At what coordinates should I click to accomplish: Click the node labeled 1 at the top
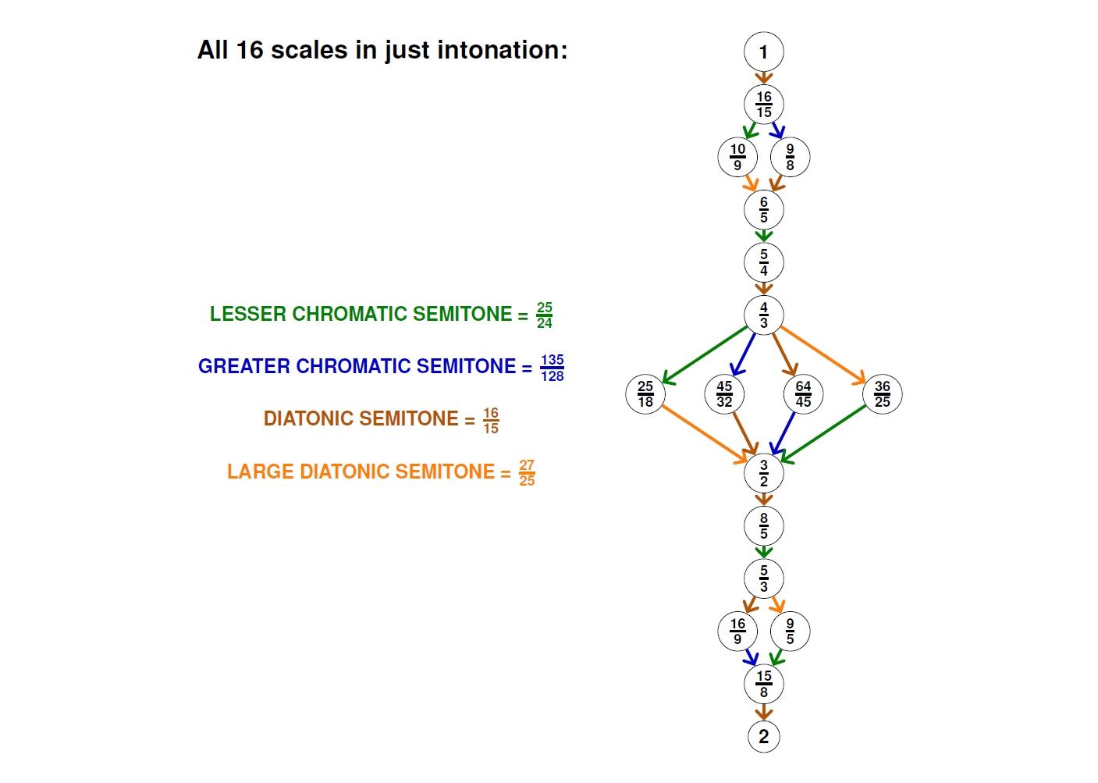pyautogui.click(x=763, y=52)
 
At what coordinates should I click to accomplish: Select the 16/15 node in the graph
pyautogui.click(x=763, y=105)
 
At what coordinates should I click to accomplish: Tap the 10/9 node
pyautogui.click(x=737, y=157)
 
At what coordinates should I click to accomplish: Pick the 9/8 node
pyautogui.click(x=790, y=157)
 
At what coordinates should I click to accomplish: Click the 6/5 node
pyautogui.click(x=763, y=209)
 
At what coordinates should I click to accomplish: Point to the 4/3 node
pyautogui.click(x=763, y=315)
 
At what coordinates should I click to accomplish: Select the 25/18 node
pyautogui.click(x=645, y=394)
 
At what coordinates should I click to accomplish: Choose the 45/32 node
pyautogui.click(x=724, y=394)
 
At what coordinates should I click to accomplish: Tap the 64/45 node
pyautogui.click(x=803, y=394)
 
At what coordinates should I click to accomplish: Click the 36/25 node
pyautogui.click(x=882, y=394)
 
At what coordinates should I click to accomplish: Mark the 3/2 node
pyautogui.click(x=763, y=473)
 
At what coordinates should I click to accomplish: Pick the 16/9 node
pyautogui.click(x=737, y=631)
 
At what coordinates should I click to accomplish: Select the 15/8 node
pyautogui.click(x=763, y=684)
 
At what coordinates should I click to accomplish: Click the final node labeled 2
pyautogui.click(x=763, y=736)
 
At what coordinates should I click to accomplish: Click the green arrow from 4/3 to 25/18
pyautogui.click(x=705, y=355)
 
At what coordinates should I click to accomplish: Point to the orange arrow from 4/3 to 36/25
pyautogui.click(x=822, y=355)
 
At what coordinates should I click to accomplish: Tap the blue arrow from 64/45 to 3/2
pyautogui.click(x=783, y=433)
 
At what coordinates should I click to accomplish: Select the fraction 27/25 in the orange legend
pyautogui.click(x=527, y=472)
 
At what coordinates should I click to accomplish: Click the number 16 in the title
pyautogui.click(x=250, y=50)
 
